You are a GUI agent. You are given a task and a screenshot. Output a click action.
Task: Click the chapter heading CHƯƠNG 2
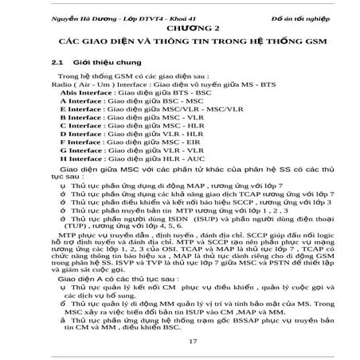[x=179, y=26]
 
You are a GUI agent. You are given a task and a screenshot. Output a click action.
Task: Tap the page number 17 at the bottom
[x=180, y=341]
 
